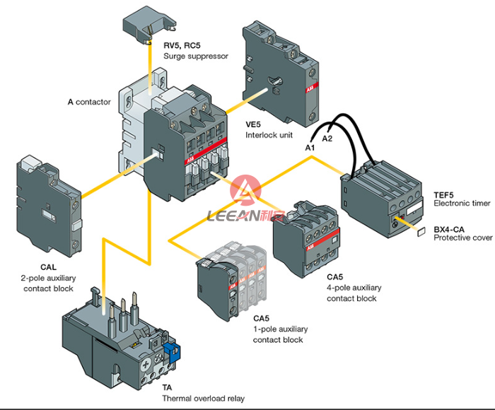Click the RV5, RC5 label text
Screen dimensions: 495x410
pyautogui.click(x=182, y=45)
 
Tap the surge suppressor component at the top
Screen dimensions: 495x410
pyautogui.click(x=149, y=26)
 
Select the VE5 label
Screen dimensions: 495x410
pyautogui.click(x=253, y=124)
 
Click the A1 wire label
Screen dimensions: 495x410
pyautogui.click(x=310, y=148)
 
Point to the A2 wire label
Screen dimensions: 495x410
pyautogui.click(x=327, y=139)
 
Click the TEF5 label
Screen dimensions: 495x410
pyautogui.click(x=443, y=195)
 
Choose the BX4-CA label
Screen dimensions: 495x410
pyautogui.click(x=449, y=230)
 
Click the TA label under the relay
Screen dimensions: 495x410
pyautogui.click(x=167, y=387)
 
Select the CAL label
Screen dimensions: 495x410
pyautogui.click(x=48, y=267)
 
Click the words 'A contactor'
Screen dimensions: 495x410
pyautogui.click(x=89, y=102)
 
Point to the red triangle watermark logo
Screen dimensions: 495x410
pyautogui.click(x=245, y=190)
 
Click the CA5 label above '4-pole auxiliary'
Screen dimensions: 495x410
pyautogui.click(x=334, y=277)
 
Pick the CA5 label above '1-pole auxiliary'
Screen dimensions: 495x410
pyautogui.click(x=261, y=319)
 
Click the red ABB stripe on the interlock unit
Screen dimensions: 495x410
pyautogui.click(x=311, y=88)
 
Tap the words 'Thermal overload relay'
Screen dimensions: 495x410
pyautogui.click(x=204, y=399)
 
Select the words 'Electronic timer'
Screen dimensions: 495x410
pyautogui.click(x=462, y=204)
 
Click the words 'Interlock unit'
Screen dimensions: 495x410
pyautogui.click(x=269, y=135)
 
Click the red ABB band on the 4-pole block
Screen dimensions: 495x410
pyautogui.click(x=322, y=240)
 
